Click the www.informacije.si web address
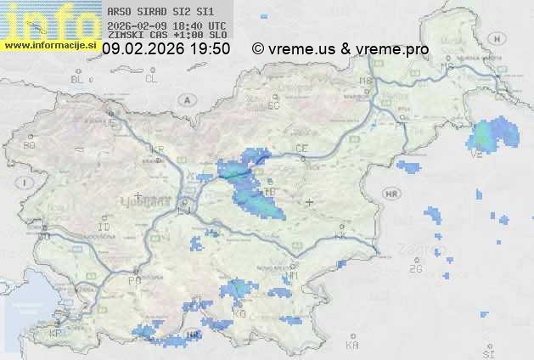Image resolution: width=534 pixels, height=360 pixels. coord(50,45)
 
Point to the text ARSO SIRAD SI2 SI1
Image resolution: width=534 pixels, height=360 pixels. coord(160,13)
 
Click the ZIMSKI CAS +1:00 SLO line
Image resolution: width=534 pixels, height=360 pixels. coord(167,35)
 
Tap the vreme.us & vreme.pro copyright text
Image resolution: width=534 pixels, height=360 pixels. coord(340,49)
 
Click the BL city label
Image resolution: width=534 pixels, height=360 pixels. coord(78,79)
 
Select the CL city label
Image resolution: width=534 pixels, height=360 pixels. coord(151,79)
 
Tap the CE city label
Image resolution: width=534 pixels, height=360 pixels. coord(301,149)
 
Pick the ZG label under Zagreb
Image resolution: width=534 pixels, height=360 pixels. coord(415,269)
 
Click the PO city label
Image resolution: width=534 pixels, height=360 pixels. coord(133,280)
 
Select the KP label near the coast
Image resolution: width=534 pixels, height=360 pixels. coord(56,334)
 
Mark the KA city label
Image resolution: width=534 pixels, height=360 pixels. coord(351,345)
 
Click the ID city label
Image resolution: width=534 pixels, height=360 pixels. coord(104,228)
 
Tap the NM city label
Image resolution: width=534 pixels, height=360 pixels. coord(294,276)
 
